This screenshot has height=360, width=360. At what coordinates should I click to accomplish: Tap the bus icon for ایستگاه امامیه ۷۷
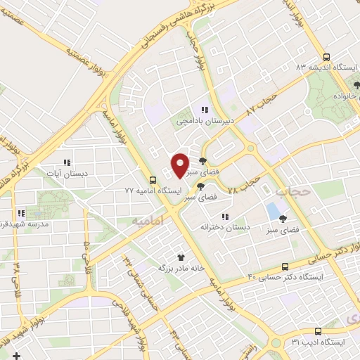(x=153, y=180)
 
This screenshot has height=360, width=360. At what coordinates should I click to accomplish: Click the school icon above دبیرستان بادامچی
(x=205, y=110)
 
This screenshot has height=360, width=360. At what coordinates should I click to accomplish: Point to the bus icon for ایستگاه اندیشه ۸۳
(x=325, y=58)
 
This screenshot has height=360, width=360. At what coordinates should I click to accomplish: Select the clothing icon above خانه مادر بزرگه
(x=181, y=257)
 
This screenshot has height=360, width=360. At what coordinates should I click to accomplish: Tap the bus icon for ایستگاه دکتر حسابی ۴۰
(x=285, y=266)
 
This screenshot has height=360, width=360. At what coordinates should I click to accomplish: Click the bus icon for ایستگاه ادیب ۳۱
(x=318, y=331)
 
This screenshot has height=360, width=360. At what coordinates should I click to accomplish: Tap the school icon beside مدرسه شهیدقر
(x=21, y=213)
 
